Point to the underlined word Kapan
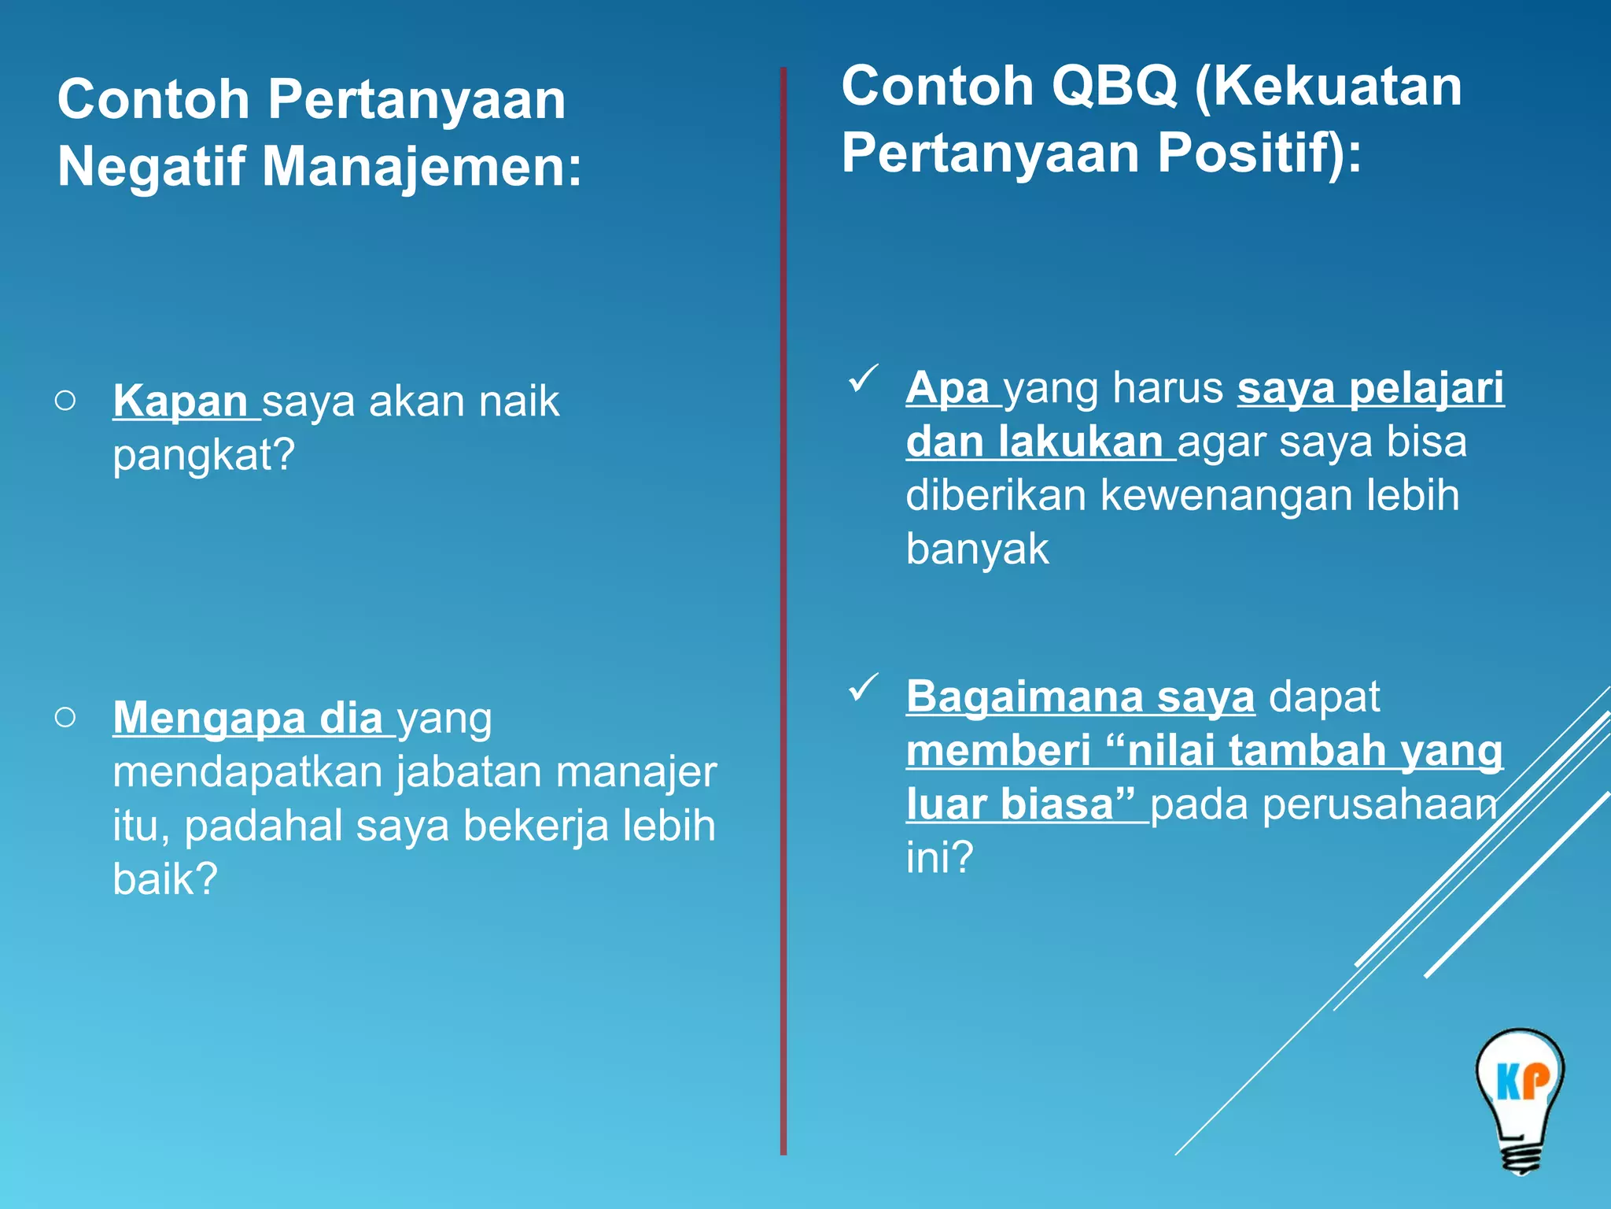181,401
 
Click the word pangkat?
204,455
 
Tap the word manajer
636,772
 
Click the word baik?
164,879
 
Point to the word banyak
977,549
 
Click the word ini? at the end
939,857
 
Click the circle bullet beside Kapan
66,401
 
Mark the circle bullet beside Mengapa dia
66,717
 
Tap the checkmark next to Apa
863,379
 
